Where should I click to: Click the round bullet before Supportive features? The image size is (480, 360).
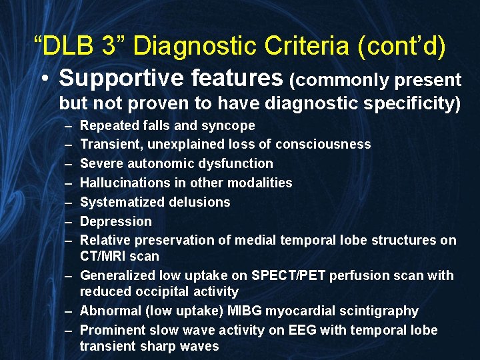click(43, 79)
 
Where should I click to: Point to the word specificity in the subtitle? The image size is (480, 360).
click(407, 103)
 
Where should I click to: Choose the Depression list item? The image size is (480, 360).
click(115, 221)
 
